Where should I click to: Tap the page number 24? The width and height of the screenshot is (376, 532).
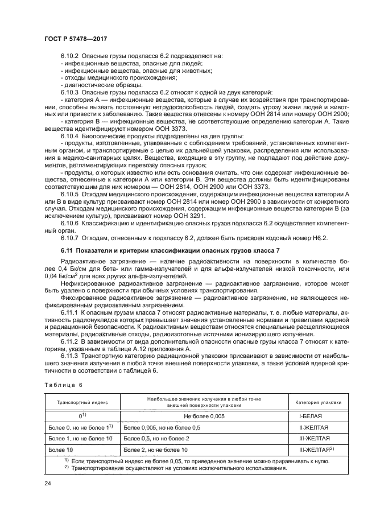(48, 484)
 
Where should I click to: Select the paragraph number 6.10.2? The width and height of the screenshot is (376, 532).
(71, 56)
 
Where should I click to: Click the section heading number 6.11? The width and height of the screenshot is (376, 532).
(67, 251)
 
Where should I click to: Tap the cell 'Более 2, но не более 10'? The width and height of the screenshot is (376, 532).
(156, 449)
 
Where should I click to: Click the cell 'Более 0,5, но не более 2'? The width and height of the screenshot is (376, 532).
(156, 438)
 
